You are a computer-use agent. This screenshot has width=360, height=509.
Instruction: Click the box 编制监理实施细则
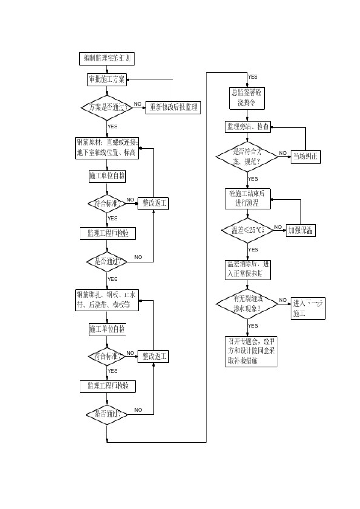(x=107, y=58)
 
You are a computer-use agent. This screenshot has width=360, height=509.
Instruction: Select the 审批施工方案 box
(x=106, y=79)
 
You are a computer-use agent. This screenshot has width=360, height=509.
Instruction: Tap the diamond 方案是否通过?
(x=107, y=107)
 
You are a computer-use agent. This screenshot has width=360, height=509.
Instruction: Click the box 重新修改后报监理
(x=174, y=107)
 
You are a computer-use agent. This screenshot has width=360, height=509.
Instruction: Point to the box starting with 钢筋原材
(x=108, y=148)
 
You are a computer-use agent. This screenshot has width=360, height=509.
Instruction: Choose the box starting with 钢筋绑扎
(x=107, y=300)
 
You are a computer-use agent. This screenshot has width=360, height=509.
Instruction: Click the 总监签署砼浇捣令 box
(x=247, y=98)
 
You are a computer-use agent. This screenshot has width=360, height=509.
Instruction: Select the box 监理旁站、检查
(x=248, y=126)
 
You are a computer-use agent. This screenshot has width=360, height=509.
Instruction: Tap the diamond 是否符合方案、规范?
(x=247, y=157)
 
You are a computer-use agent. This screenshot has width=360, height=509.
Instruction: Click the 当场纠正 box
(x=306, y=156)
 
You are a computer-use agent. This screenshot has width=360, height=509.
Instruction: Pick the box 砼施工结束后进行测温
(x=248, y=198)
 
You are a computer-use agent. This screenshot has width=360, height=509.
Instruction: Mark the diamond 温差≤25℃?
(x=247, y=230)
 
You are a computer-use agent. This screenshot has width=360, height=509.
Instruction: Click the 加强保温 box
(x=301, y=230)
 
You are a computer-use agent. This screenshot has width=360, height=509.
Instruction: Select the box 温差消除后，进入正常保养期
(x=248, y=269)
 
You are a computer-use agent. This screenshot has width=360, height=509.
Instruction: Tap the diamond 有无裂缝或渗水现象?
(x=247, y=304)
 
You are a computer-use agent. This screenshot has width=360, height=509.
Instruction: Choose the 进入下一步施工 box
(x=308, y=308)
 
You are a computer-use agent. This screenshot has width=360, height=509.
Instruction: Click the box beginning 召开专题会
(x=251, y=351)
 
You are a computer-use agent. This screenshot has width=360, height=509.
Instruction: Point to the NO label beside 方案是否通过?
(x=138, y=104)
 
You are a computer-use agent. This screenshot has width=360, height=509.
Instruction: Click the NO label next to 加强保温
(x=278, y=227)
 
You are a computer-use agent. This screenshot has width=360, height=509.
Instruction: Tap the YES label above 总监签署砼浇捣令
(x=252, y=77)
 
